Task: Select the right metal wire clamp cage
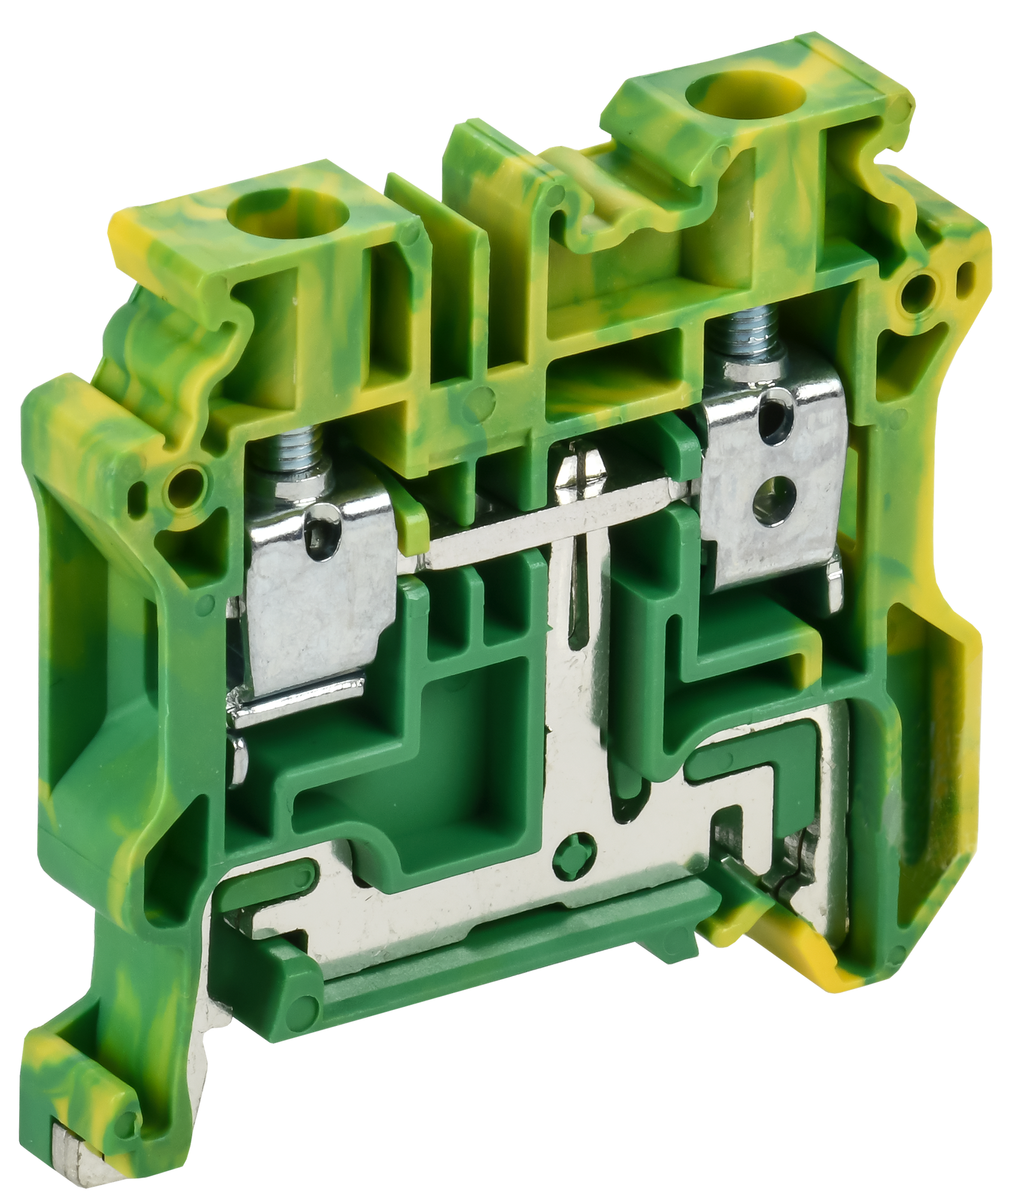(x=772, y=479)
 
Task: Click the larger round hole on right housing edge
(x=919, y=292)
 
